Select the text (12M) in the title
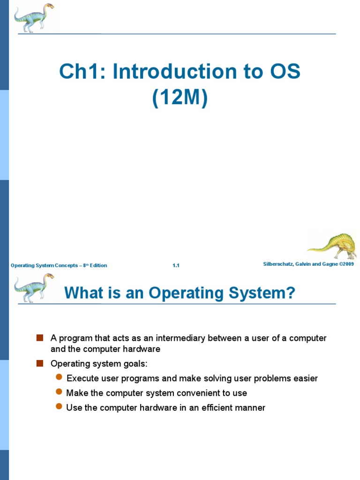(180, 98)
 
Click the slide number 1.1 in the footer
(176, 266)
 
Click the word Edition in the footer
(98, 266)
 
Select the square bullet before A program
(40, 337)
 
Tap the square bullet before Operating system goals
(40, 363)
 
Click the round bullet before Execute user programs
(59, 377)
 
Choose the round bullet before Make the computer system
(59, 392)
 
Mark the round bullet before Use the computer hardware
(59, 407)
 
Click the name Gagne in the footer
(324, 264)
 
